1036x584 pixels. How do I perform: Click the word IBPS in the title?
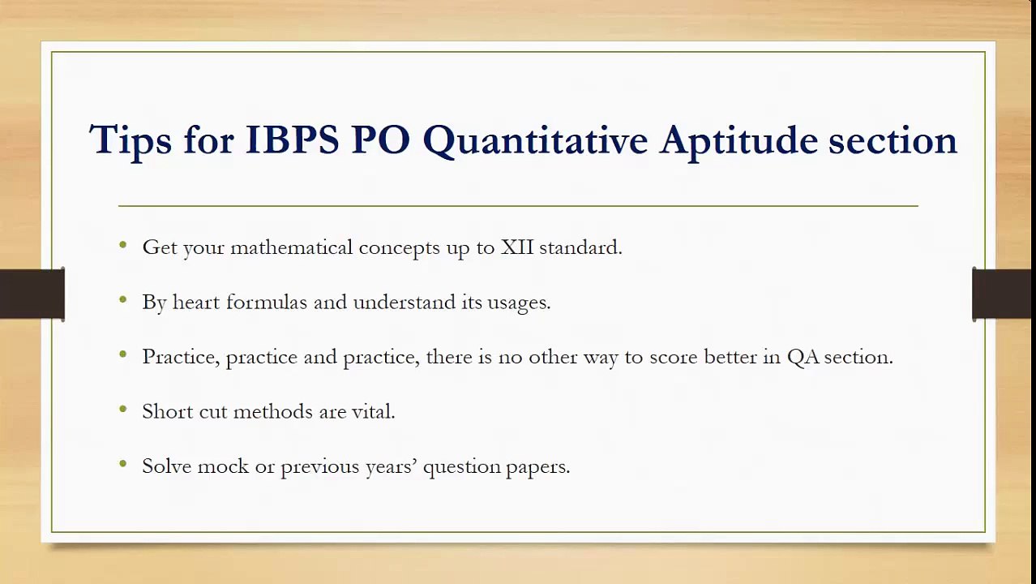pyautogui.click(x=292, y=140)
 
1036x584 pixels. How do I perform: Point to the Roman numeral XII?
pyautogui.click(x=517, y=247)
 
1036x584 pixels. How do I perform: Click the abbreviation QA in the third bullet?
pyautogui.click(x=803, y=357)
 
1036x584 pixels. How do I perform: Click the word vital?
pyautogui.click(x=373, y=411)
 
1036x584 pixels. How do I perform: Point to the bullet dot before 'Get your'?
pyautogui.click(x=123, y=244)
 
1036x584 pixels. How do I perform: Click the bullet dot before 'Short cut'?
pyautogui.click(x=123, y=409)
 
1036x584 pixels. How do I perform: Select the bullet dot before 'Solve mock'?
pyautogui.click(x=123, y=464)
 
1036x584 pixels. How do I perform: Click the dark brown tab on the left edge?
pyautogui.click(x=32, y=294)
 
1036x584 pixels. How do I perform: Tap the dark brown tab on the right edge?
pyautogui.click(x=1004, y=294)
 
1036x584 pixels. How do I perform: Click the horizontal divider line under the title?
pyautogui.click(x=518, y=206)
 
